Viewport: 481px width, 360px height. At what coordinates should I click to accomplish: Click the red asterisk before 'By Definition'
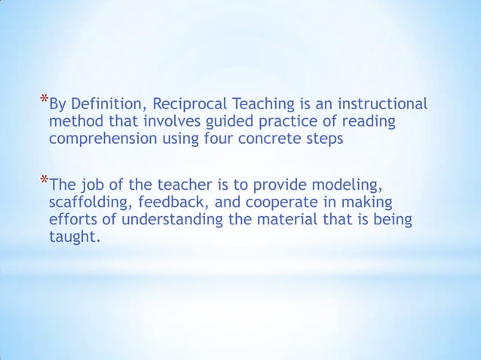pos(44,99)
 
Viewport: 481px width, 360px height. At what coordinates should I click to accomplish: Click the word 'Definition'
pos(108,104)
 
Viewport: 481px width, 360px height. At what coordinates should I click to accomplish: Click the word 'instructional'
pos(384,104)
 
